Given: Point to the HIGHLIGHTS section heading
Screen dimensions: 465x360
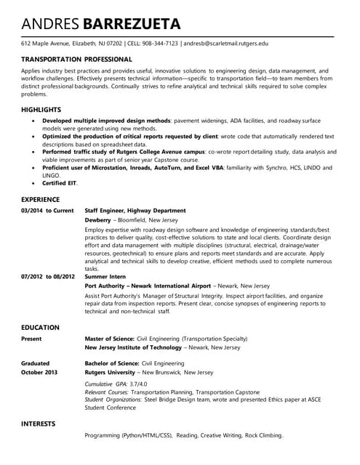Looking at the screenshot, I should click(41, 109).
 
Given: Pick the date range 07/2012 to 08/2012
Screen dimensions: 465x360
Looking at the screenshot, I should click(48, 277).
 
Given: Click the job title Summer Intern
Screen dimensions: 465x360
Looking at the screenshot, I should click(105, 277).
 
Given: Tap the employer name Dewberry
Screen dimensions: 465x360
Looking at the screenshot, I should click(98, 219).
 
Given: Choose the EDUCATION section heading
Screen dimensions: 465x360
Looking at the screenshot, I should click(41, 328).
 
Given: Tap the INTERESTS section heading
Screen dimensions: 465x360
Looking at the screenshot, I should click(41, 423).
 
